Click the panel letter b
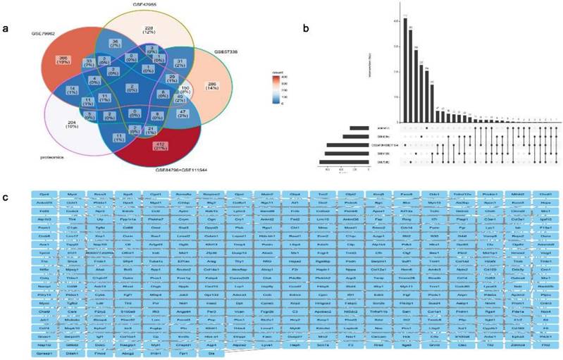(304, 28)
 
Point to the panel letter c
(7, 196)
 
